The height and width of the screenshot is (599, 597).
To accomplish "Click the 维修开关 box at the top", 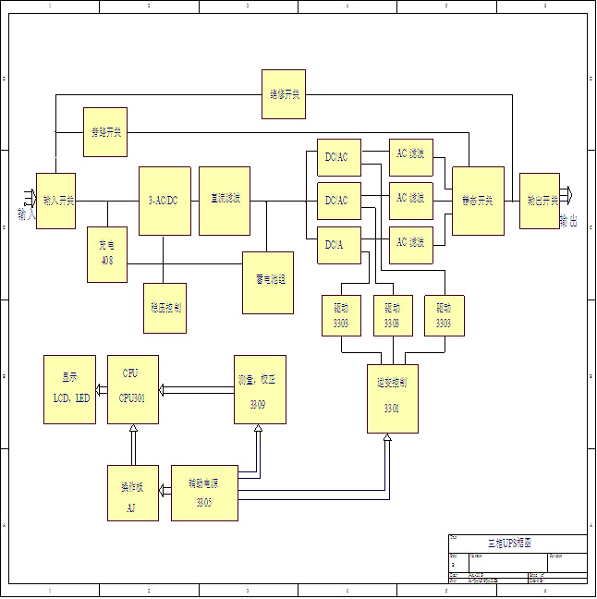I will click(x=284, y=94).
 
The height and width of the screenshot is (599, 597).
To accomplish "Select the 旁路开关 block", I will click(x=104, y=132).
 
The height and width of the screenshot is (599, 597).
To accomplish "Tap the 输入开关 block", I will click(x=55, y=201).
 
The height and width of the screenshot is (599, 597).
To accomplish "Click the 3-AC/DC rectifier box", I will click(x=164, y=201).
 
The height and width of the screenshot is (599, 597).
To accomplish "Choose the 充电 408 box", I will click(x=106, y=254).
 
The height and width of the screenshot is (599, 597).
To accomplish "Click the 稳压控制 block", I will click(x=165, y=308).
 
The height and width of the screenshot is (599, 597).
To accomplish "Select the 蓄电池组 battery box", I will click(x=268, y=282).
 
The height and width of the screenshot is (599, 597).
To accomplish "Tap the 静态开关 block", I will click(x=478, y=201).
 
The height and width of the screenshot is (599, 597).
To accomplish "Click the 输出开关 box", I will click(x=539, y=201).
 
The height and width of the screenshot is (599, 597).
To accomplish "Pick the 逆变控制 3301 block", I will click(x=392, y=398).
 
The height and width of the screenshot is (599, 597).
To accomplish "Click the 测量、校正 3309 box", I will click(x=260, y=389).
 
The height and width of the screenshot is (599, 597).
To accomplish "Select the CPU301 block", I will click(x=132, y=389).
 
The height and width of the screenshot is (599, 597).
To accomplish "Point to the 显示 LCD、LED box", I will click(x=70, y=389).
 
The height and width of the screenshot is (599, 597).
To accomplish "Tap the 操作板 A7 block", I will click(x=132, y=493).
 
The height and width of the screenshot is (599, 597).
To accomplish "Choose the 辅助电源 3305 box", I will click(x=204, y=493).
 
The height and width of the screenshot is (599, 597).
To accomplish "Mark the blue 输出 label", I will click(x=568, y=222).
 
